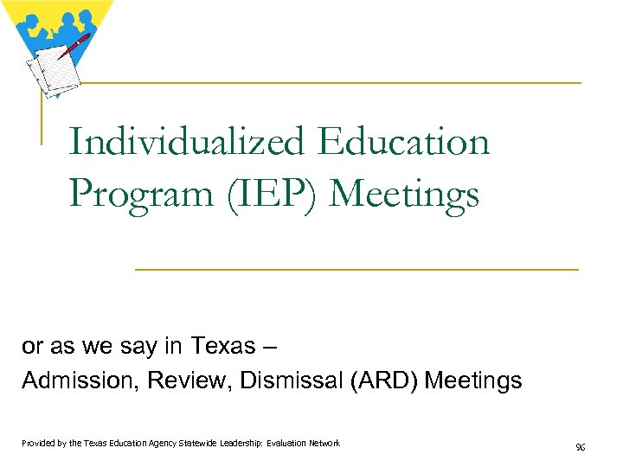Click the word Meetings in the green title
tap(404, 195)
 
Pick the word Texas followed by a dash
tap(222, 347)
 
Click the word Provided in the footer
tap(39, 444)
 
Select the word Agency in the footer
tap(157, 444)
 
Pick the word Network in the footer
tap(323, 444)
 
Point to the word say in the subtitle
tap(122, 347)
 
